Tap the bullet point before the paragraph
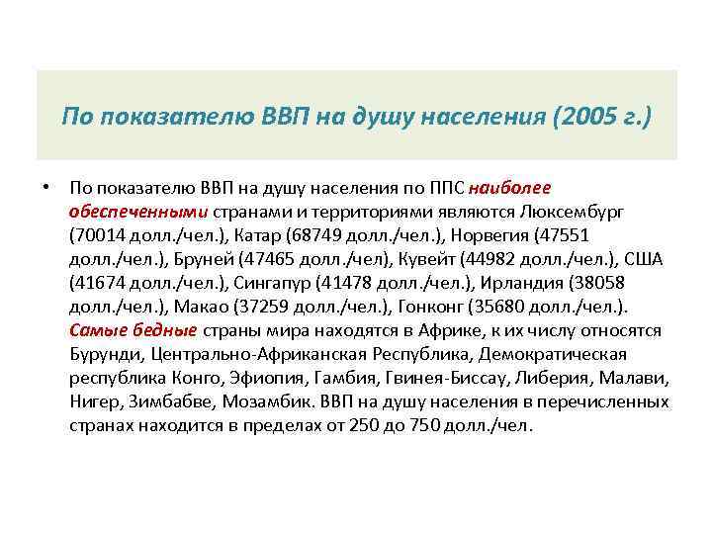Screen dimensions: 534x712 pyautogui.click(x=46, y=187)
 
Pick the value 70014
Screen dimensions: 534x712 pyautogui.click(x=98, y=235)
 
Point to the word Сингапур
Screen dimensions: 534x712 pyautogui.click(x=272, y=283)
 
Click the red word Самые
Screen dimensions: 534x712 pyautogui.click(x=97, y=330)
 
